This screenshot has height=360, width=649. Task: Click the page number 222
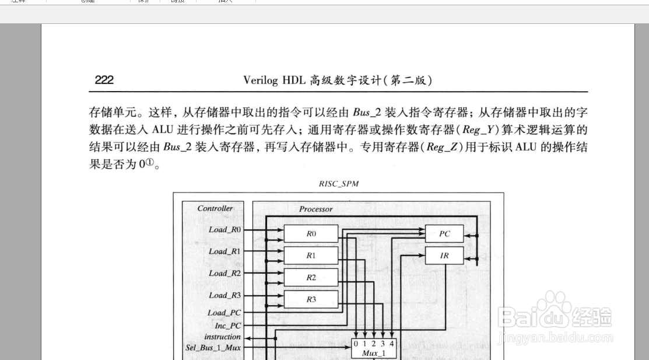point(104,81)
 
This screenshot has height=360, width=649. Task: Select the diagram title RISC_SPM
point(338,183)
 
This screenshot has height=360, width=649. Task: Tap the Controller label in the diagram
point(215,208)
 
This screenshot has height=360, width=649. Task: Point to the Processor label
point(315,209)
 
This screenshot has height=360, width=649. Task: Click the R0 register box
point(311,234)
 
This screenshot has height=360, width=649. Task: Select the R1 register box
point(311,256)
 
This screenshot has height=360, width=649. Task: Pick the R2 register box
point(311,278)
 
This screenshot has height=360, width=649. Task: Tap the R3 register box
point(311,299)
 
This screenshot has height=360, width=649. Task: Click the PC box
point(444,234)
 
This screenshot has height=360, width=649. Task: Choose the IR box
point(444,256)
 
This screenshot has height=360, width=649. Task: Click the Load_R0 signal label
point(224,229)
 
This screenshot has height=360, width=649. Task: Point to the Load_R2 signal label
point(224,273)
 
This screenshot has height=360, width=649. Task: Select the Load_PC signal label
point(224,313)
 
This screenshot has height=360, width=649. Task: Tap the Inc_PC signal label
point(227,326)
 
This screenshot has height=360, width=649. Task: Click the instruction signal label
point(222,337)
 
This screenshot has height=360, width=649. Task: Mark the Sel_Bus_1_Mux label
point(213,348)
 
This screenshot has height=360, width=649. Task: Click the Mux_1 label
point(373,353)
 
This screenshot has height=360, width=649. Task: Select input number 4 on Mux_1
point(392,344)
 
